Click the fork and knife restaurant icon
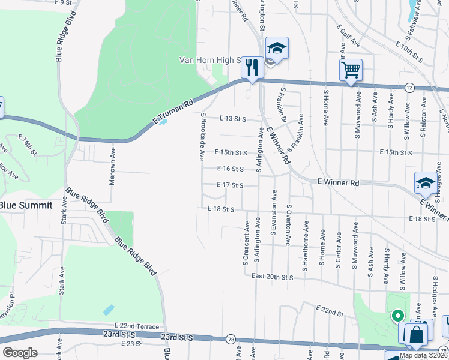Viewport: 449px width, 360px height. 252,67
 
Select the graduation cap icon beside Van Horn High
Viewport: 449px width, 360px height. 277,47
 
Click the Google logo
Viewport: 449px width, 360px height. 20,353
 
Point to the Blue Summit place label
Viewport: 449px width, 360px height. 26,205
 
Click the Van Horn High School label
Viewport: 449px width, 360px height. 210,60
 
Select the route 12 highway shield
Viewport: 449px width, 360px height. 409,87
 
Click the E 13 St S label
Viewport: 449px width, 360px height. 234,119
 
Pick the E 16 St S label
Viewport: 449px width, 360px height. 231,169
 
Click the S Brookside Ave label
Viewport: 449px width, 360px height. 203,137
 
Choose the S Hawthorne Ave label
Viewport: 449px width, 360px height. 306,245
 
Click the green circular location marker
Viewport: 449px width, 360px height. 396,314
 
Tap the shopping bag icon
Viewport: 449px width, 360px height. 417,335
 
